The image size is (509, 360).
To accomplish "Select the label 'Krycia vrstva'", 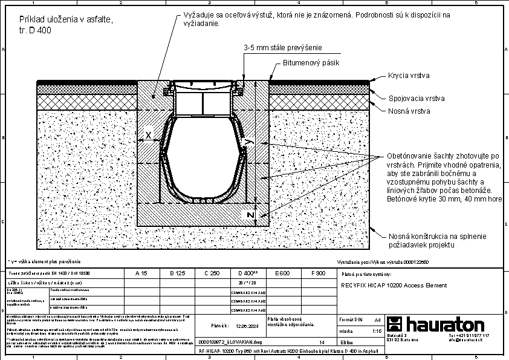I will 409,76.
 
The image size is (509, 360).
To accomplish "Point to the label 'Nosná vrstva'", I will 409,111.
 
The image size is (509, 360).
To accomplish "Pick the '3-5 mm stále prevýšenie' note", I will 282,47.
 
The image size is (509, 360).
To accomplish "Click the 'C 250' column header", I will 212,273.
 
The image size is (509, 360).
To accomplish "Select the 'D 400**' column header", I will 248,273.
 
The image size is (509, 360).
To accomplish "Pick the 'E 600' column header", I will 282,273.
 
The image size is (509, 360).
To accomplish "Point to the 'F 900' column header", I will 318,273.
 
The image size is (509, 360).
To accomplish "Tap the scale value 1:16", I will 376,331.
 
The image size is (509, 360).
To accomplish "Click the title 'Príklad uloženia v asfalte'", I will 66,20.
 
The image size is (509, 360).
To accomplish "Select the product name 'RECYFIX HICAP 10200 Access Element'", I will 394,285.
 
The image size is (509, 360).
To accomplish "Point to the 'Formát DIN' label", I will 351,319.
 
